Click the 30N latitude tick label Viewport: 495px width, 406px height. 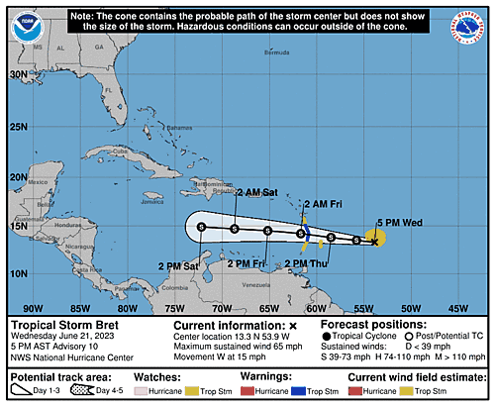tap(17, 74)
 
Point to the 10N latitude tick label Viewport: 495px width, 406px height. tap(17, 272)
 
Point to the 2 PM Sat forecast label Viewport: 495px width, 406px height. tap(178, 265)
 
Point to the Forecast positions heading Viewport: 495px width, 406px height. tap(385, 325)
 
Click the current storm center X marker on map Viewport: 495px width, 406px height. tap(373, 241)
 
